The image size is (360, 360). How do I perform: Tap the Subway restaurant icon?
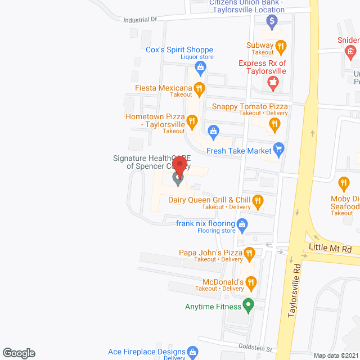point(281,46)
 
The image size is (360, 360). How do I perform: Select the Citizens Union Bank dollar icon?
point(272,21)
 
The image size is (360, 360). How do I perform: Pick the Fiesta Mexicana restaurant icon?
point(199,88)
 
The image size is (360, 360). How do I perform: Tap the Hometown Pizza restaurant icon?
point(192,120)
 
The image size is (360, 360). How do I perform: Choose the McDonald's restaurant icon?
point(250,282)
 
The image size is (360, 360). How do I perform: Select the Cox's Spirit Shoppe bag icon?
point(201,67)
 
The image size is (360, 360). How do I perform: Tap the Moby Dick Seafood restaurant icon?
point(344,183)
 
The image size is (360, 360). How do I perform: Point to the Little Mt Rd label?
point(331,247)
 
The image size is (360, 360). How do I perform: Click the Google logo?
point(18,353)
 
